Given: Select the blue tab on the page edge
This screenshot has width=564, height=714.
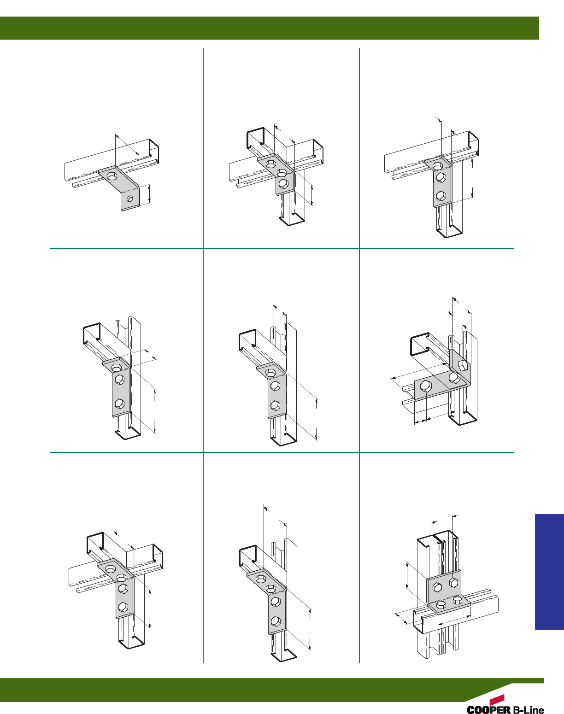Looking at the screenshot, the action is click(549, 572).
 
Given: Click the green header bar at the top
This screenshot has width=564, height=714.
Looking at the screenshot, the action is click(269, 28).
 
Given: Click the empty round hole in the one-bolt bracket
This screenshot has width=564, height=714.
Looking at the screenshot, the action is click(130, 199).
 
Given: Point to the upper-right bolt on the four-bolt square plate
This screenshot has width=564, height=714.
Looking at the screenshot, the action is click(453, 582).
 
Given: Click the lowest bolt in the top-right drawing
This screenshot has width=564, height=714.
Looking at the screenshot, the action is click(441, 196).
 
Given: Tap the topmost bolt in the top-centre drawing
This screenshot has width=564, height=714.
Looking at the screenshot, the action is click(270, 164).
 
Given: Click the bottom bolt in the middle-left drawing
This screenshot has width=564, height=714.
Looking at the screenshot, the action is click(119, 404).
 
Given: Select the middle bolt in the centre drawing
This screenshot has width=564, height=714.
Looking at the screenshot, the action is click(275, 386).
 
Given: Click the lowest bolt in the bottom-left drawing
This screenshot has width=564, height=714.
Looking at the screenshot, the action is click(123, 607).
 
